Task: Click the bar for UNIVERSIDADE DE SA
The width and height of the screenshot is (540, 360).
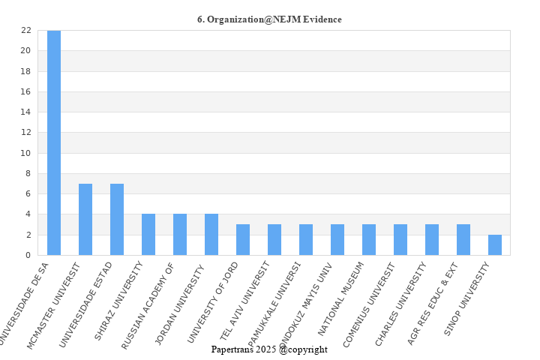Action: pyautogui.click(x=54, y=142)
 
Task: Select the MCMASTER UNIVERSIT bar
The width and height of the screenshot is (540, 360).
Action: pyautogui.click(x=85, y=219)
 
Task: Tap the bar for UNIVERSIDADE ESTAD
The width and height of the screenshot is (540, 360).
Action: pyautogui.click(x=117, y=219)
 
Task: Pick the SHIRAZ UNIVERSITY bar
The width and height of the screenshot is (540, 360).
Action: pyautogui.click(x=148, y=235)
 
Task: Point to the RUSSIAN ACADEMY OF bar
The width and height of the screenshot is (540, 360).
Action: pyautogui.click(x=180, y=235)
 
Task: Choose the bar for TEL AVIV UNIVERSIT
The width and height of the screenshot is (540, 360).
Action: pyautogui.click(x=274, y=240)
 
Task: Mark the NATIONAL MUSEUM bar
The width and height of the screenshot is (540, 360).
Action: pyautogui.click(x=369, y=240)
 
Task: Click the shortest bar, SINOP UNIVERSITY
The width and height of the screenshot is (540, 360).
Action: pyautogui.click(x=495, y=245)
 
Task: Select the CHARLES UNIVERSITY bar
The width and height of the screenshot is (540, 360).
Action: pyautogui.click(x=432, y=240)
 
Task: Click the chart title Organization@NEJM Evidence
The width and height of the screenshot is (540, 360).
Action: pyautogui.click(x=269, y=19)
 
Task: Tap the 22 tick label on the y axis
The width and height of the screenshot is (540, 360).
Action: pyautogui.click(x=25, y=31)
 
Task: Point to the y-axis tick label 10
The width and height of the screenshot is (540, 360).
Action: pyautogui.click(x=25, y=153)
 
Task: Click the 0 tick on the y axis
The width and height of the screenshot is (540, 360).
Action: pyautogui.click(x=28, y=255)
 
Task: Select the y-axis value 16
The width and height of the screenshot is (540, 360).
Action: pyautogui.click(x=25, y=91)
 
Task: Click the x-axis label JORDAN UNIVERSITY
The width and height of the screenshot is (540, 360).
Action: pyautogui.click(x=181, y=301)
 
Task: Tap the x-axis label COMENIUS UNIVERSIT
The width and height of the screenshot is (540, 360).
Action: pyautogui.click(x=369, y=302)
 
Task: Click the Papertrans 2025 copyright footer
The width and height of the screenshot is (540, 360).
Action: pyautogui.click(x=269, y=349)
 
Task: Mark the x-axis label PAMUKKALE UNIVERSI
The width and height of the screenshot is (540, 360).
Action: pyautogui.click(x=274, y=304)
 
